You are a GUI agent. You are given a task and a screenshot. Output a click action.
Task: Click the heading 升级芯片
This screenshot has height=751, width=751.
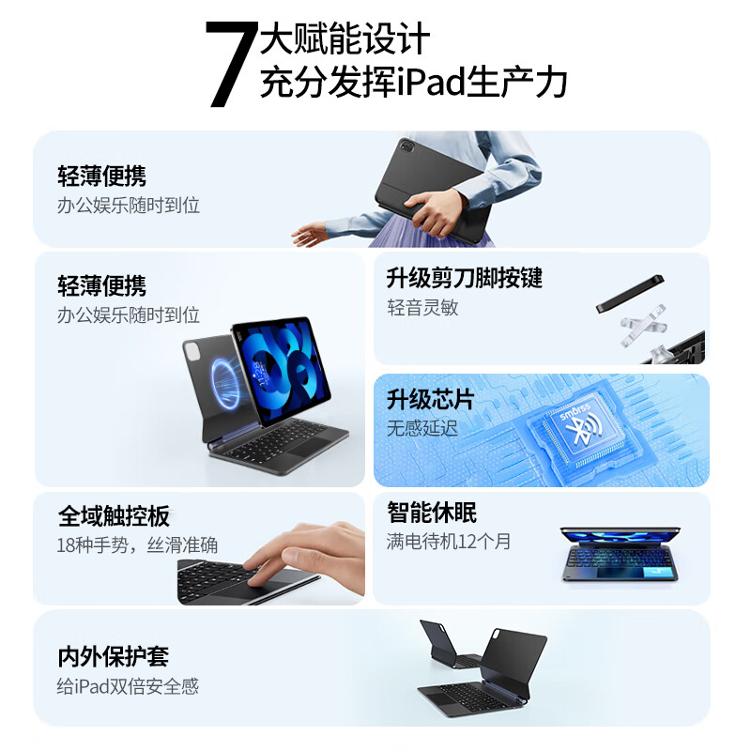pos(430,400)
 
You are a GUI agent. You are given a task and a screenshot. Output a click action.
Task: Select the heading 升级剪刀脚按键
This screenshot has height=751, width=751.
pos(464,279)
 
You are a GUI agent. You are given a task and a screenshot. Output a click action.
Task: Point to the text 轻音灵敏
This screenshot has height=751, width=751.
pos(422,308)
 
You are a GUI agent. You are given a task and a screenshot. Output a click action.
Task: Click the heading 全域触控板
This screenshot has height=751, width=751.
pos(114,516)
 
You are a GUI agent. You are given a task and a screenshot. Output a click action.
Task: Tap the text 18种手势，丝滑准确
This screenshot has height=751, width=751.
pos(137,545)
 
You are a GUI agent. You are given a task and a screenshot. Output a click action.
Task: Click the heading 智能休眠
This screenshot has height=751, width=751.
pos(432,513)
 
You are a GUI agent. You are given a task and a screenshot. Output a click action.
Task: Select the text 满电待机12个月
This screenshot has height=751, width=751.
pos(449,542)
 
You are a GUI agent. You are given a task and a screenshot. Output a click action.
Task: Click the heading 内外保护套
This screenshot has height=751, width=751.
pos(114,657)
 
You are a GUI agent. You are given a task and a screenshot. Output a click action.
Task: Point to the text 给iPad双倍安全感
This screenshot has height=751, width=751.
pos(129,686)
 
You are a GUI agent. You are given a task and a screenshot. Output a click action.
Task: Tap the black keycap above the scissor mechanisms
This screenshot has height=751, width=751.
pos(632,294)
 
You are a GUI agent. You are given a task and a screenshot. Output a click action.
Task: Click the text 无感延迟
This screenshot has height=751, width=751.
pos(422,428)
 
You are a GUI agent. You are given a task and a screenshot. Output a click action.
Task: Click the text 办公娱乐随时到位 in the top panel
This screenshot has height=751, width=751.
pos(129,205)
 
